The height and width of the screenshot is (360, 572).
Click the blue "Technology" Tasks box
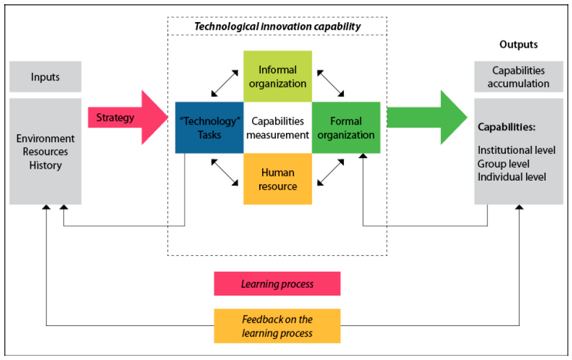tap(209, 128)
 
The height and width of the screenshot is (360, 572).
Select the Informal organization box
tap(278, 76)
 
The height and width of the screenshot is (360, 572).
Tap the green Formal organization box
tap(346, 128)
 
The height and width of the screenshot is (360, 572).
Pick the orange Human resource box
tap(278, 179)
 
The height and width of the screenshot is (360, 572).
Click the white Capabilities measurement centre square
tap(278, 128)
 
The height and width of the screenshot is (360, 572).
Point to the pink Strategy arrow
tap(128, 117)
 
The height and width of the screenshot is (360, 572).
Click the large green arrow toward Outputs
tap(427, 117)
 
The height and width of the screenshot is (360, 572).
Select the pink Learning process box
tap(277, 284)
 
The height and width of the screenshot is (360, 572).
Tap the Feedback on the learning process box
tap(277, 326)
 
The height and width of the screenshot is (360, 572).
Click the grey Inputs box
tap(45, 77)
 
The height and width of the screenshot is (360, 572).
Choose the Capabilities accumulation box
tap(518, 77)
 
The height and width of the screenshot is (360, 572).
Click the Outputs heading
tap(518, 45)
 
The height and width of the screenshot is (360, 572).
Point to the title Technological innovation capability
tap(277, 26)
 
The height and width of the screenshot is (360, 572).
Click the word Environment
tap(45, 139)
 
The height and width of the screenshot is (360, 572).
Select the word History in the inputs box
tap(46, 165)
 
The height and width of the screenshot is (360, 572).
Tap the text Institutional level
tap(517, 150)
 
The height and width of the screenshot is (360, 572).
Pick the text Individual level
tap(512, 177)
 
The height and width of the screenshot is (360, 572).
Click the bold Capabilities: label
tap(506, 127)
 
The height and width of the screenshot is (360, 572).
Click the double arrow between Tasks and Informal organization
tap(225, 83)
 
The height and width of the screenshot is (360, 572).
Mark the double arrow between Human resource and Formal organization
tap(331, 172)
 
